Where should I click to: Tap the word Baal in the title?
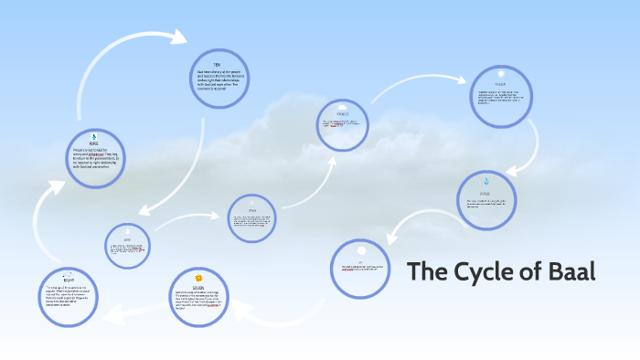click(572, 271)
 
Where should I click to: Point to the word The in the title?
click(426, 271)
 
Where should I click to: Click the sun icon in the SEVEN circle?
click(199, 275)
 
